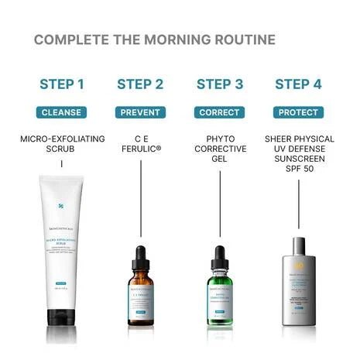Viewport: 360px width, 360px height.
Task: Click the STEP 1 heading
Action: (x=61, y=84)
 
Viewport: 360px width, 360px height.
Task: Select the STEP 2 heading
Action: (x=140, y=84)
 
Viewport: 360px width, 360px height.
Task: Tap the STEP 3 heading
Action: (x=220, y=84)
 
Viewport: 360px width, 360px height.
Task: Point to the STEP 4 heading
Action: (x=299, y=84)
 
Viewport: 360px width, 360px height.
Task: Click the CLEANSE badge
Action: (x=61, y=112)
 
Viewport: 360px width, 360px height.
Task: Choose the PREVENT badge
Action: (x=140, y=112)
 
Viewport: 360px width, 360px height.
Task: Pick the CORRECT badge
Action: (x=220, y=112)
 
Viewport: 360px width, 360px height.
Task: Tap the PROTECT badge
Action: (x=299, y=112)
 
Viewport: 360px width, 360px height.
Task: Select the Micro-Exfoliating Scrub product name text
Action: (x=61, y=145)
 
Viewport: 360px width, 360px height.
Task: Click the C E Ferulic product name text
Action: (x=140, y=145)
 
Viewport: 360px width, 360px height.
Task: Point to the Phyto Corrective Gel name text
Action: (x=220, y=149)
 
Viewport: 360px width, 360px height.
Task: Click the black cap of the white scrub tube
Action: (x=61, y=317)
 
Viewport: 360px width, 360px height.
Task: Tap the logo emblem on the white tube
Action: (x=61, y=207)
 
